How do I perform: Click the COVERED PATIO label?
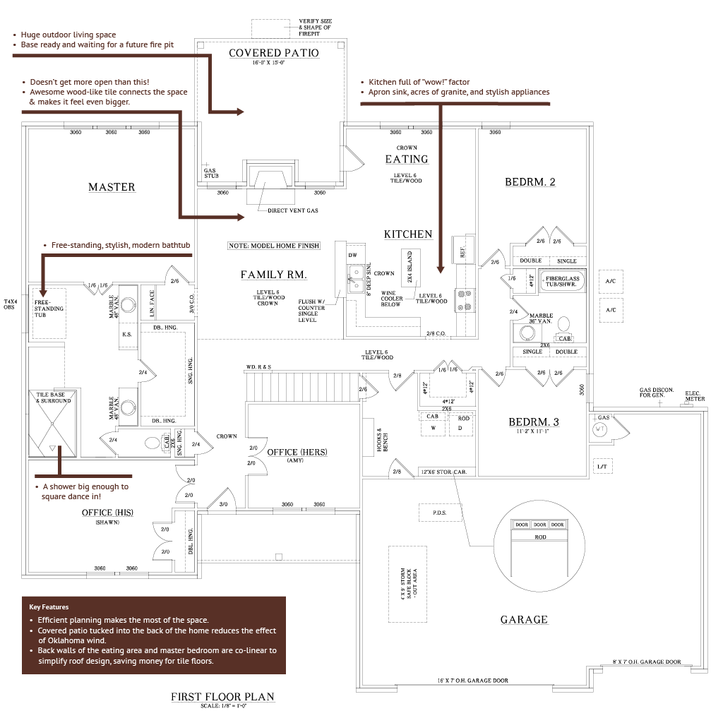[274, 53]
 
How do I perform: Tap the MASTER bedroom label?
[112, 187]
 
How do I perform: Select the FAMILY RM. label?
[274, 275]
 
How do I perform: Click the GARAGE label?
[524, 619]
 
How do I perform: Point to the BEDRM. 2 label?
[530, 182]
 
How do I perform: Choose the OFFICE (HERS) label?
[297, 452]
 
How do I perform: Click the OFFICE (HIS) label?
[107, 513]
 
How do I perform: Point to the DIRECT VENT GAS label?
[293, 211]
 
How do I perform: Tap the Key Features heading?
[49, 607]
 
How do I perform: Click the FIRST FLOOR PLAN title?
[222, 697]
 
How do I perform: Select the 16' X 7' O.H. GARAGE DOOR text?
[472, 681]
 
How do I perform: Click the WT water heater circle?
[601, 428]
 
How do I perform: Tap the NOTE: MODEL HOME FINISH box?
[274, 246]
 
